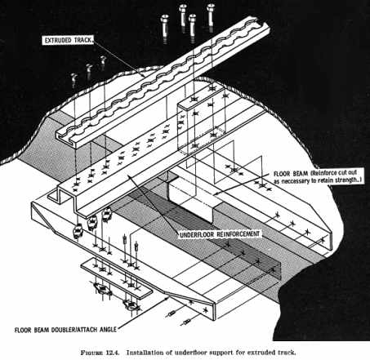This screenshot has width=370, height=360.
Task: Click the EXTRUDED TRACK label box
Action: tap(69, 40)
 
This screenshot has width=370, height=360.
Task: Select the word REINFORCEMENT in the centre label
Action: tap(240, 233)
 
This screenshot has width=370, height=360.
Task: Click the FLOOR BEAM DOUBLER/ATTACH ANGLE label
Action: tap(65, 330)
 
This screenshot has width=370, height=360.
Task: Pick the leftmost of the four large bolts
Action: tap(165, 29)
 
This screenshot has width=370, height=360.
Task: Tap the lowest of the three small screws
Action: tap(74, 80)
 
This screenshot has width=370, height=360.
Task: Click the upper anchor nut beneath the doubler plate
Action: tap(102, 288)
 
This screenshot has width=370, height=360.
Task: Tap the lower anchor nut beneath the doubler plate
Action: tap(132, 304)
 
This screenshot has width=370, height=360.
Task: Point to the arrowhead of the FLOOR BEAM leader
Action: tap(215, 193)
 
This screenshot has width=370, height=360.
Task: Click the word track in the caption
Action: tap(287, 353)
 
